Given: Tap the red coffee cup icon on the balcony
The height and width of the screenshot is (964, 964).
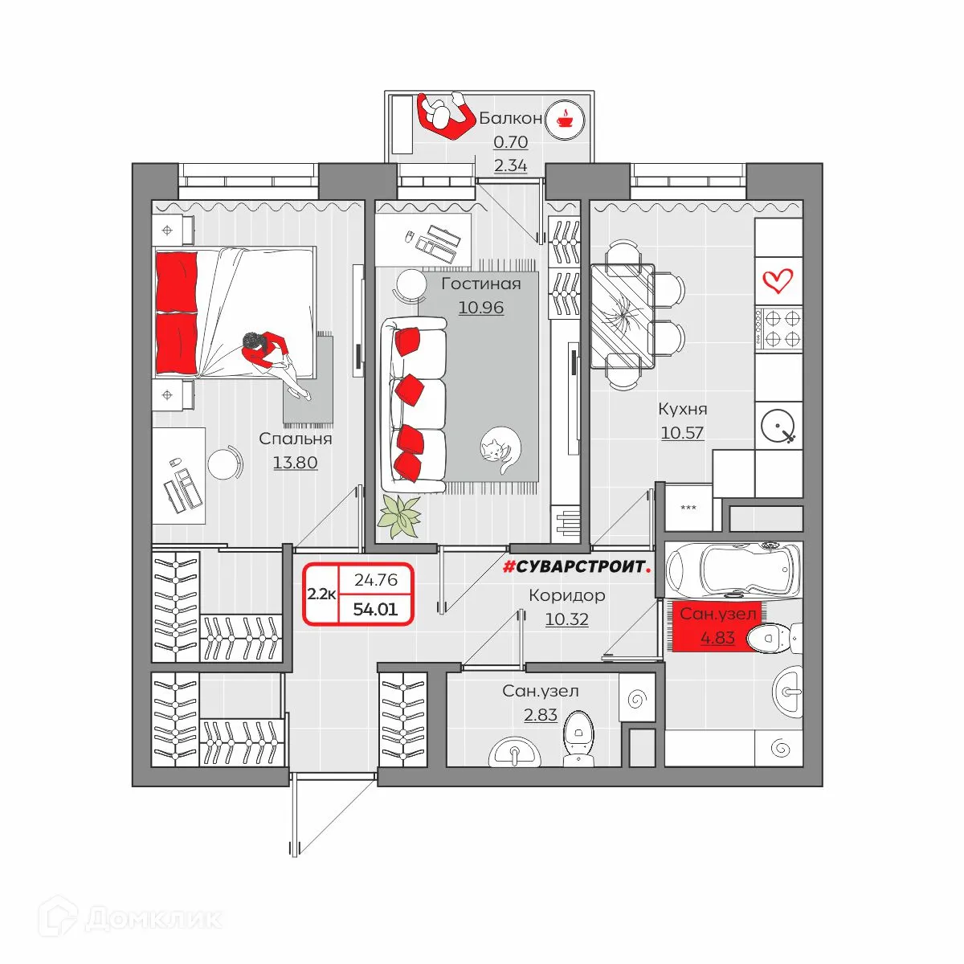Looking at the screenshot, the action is tap(564, 120).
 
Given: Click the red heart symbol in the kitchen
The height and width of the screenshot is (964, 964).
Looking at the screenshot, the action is tap(778, 281).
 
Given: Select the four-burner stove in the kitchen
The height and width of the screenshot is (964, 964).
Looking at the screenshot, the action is tap(778, 329).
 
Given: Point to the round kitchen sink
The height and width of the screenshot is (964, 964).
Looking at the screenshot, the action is tap(778, 426).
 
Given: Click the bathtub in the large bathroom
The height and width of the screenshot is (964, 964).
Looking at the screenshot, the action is tap(734, 569).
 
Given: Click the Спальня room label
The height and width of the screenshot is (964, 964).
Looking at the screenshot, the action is tap(295, 439).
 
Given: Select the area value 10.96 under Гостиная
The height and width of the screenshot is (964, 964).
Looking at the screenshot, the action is tap(480, 307).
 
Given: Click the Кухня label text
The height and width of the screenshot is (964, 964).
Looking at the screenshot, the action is tap(682, 409).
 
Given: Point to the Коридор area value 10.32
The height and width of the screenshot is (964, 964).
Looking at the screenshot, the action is tap(566, 619).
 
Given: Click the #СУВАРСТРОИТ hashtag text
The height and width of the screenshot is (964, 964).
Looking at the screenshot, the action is tap(577, 566).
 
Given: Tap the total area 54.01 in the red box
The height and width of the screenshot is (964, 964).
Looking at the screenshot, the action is tap(375, 609).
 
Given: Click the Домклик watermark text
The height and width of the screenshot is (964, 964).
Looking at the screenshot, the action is tap(153, 919).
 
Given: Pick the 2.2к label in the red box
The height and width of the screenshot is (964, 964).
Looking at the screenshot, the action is tap(321, 594).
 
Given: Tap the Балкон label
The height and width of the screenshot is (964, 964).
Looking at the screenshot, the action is tap(510, 118).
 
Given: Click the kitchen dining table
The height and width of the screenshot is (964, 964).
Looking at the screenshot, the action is tap(623, 317).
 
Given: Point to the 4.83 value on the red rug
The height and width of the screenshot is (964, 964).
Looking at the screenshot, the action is tap(717, 638).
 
